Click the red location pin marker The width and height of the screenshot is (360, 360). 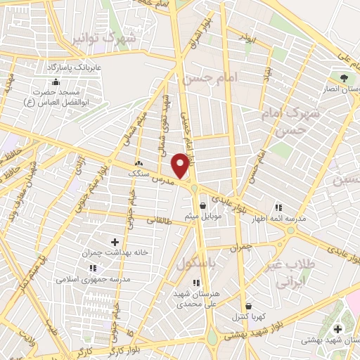click(181, 165)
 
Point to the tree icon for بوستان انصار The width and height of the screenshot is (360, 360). click(344, 78)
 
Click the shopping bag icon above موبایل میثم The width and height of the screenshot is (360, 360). click(203, 206)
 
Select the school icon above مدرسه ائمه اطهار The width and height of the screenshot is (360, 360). click(278, 208)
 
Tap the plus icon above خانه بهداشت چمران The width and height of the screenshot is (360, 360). click(115, 242)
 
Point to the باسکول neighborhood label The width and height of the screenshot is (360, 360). click(194, 264)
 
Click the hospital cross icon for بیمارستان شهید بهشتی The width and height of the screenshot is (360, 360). click(338, 329)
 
